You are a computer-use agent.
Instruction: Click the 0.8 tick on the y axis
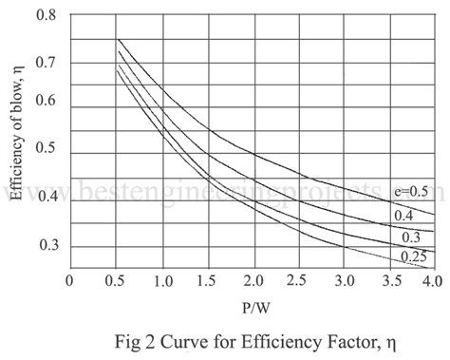pos(47,16)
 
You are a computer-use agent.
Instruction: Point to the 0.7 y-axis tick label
pos(47,63)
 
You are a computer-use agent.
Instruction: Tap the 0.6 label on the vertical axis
pos(47,102)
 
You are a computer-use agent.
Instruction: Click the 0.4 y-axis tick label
pos(47,197)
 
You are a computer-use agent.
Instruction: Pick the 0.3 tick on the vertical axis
pos(47,246)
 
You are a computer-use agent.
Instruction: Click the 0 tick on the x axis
pos(70,281)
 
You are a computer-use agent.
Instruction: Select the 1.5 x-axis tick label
pos(207,281)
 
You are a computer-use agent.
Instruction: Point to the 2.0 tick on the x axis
pos(252,281)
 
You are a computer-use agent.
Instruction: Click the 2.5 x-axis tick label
pos(297,281)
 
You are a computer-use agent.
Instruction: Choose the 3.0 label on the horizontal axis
pos(343,281)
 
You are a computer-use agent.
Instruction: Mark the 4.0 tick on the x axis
pos(433,281)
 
